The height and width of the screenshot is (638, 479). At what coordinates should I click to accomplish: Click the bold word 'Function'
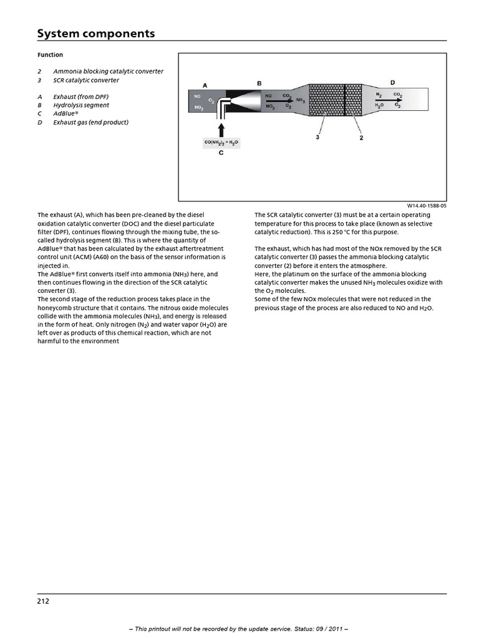click(50, 55)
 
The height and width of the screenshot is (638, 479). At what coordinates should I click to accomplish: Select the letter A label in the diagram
click(205, 85)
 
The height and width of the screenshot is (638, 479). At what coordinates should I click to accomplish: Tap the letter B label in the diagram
click(259, 83)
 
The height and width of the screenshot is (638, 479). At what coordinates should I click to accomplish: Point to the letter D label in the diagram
click(392, 82)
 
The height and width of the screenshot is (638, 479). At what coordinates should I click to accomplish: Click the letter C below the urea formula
click(221, 153)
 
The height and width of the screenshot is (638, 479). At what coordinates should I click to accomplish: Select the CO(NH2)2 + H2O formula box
click(221, 143)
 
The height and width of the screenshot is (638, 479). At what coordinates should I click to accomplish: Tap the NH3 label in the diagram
click(301, 100)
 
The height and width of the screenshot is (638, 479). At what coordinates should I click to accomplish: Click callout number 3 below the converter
click(317, 138)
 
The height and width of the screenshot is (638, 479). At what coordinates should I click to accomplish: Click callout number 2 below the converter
click(362, 138)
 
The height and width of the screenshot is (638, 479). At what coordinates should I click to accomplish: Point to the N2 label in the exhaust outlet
click(379, 95)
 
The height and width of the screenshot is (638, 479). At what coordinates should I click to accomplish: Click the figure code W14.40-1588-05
click(427, 205)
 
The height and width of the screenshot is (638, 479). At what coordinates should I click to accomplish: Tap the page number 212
click(43, 601)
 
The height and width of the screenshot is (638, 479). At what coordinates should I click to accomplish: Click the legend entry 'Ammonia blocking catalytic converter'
click(108, 72)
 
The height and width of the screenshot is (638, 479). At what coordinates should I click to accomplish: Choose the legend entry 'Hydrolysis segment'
click(81, 105)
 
